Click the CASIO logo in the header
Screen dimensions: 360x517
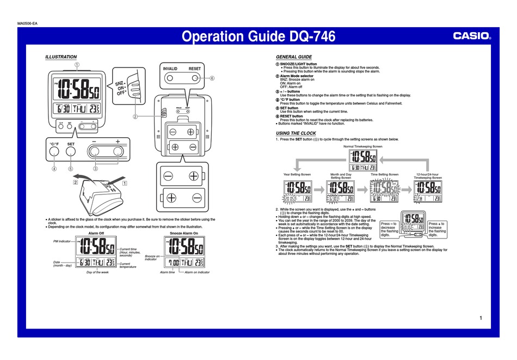[472, 36]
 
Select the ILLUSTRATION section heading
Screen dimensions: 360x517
[60, 57]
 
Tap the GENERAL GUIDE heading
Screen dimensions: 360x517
[293, 57]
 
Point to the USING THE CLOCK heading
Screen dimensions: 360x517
[296, 133]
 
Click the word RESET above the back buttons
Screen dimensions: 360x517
[195, 69]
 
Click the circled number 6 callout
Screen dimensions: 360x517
[212, 78]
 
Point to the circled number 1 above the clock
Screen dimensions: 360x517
[77, 65]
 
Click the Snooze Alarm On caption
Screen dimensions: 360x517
[184, 233]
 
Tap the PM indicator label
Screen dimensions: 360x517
[62, 241]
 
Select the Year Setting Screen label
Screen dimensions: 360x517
[297, 174]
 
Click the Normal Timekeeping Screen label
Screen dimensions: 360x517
[362, 147]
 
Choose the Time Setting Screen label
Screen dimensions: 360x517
[384, 174]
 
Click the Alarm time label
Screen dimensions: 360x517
[167, 271]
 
